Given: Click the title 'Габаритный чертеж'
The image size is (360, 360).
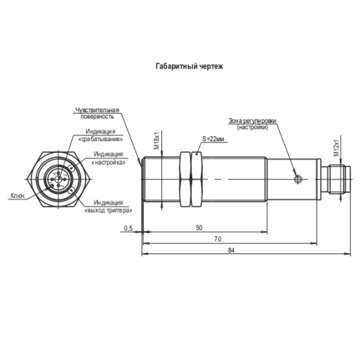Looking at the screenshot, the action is click(x=189, y=66).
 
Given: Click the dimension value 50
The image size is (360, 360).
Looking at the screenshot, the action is click(x=199, y=228).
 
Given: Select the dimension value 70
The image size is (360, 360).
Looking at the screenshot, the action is click(x=218, y=239).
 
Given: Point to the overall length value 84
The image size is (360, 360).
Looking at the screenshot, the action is click(x=231, y=251).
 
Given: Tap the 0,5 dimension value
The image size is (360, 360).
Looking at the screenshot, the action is click(x=128, y=228).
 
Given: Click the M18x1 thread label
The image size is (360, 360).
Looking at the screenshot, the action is click(x=157, y=140).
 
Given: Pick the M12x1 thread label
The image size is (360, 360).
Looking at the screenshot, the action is click(x=337, y=148).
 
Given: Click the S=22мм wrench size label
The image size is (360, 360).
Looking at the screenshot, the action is click(x=213, y=139).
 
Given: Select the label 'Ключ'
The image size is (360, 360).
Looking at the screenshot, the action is click(x=17, y=196).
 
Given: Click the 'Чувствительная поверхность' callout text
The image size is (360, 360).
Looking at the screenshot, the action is click(x=97, y=113).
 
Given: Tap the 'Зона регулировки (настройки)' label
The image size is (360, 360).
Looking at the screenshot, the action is click(x=252, y=124).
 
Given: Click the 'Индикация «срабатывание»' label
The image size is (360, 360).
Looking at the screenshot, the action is click(x=101, y=135).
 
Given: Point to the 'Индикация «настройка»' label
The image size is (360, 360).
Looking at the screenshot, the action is click(x=109, y=158).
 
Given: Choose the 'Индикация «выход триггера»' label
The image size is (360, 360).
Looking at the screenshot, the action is click(x=109, y=207).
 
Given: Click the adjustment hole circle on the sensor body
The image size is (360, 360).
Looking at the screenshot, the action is click(x=299, y=179).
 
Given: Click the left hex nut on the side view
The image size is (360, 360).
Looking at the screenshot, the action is click(x=185, y=179).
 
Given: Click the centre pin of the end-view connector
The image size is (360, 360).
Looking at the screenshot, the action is click(x=58, y=179).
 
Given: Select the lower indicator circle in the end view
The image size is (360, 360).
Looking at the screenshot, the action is click(x=72, y=192).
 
